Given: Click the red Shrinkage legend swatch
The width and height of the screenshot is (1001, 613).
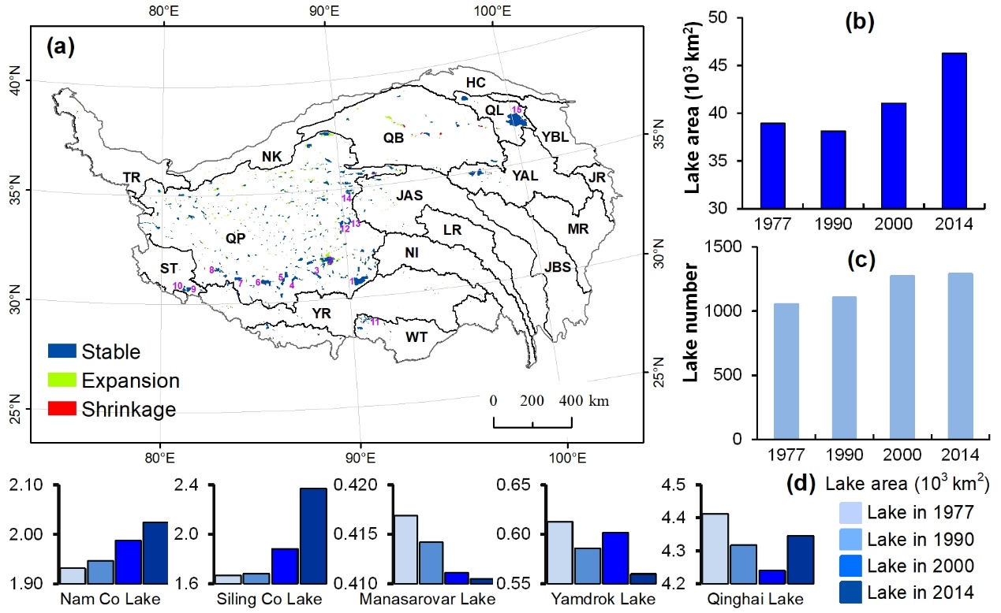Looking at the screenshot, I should [x=62, y=408].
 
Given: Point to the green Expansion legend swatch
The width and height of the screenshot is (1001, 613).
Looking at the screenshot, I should [x=62, y=380].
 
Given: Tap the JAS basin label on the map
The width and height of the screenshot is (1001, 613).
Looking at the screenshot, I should [x=409, y=195].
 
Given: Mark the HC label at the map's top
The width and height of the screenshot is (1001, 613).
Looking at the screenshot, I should [x=475, y=83].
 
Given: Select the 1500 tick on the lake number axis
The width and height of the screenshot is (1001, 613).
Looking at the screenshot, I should [x=729, y=247].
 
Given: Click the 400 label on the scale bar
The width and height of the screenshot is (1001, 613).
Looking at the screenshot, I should [x=570, y=401].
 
